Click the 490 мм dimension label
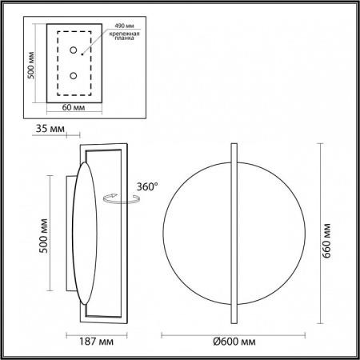tap(125, 25)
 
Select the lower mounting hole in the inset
tap(74, 76)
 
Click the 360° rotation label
tap(147, 186)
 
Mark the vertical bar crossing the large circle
tap(233, 233)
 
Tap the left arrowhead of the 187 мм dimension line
tap(66, 332)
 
